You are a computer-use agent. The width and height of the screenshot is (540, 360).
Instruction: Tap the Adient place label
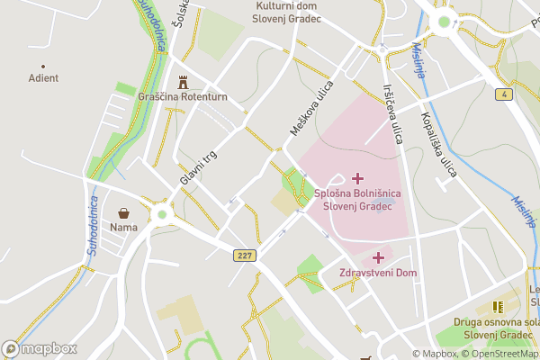(43, 78)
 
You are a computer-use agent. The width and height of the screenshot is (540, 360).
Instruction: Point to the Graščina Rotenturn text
(183, 96)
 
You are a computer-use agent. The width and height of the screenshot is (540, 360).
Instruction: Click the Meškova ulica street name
(311, 109)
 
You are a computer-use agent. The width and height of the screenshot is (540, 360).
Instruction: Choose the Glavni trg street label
(198, 167)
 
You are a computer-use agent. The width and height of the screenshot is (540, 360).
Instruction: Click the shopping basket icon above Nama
(123, 213)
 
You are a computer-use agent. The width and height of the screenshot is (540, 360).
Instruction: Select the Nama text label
(123, 227)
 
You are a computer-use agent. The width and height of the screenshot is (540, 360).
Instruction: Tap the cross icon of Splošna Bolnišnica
(358, 179)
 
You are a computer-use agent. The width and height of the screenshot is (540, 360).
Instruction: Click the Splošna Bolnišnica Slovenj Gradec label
(357, 200)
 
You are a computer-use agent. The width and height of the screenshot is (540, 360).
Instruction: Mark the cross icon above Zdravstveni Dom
(377, 257)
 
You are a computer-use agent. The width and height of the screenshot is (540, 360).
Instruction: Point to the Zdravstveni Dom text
(377, 273)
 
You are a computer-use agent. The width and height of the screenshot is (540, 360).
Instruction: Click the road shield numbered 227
(244, 256)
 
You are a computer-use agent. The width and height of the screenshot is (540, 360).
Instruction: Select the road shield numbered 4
(507, 94)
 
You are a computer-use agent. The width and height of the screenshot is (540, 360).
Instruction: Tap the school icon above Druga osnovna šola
(498, 307)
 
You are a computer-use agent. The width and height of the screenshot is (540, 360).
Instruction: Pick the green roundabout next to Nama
(162, 214)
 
